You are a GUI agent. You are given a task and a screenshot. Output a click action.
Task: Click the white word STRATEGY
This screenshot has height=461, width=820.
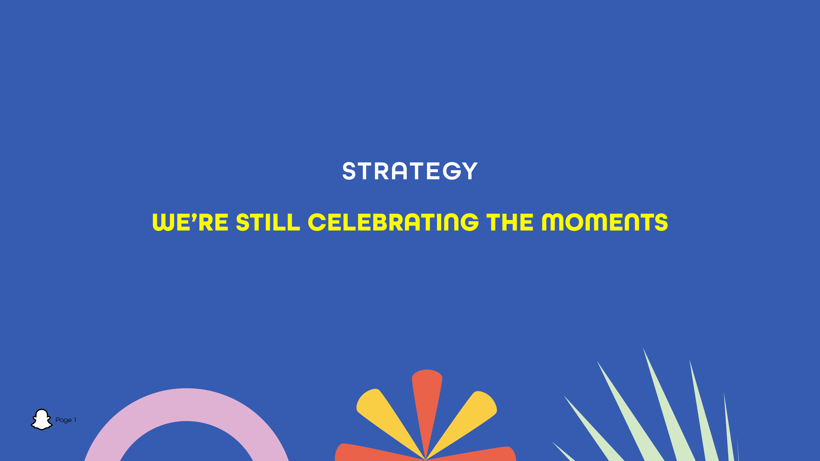[410, 171]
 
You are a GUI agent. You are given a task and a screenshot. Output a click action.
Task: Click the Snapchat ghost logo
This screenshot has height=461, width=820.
[42, 420]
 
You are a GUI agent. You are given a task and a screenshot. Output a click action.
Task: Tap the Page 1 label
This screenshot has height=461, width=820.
[66, 420]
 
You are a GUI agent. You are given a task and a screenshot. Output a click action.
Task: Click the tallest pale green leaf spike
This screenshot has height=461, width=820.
[669, 407]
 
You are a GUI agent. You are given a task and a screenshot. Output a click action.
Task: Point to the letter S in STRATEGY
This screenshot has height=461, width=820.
[349, 171]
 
